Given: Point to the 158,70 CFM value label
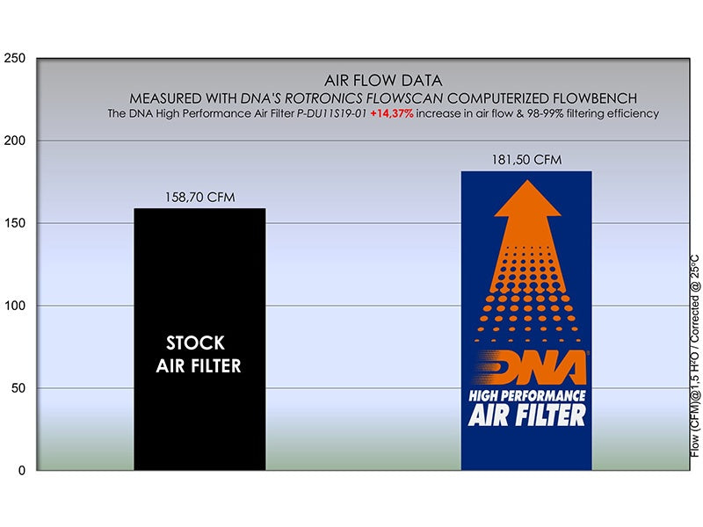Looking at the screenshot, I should (x=200, y=198).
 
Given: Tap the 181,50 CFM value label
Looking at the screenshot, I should (x=526, y=160).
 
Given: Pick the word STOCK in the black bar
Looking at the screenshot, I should (x=195, y=343).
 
